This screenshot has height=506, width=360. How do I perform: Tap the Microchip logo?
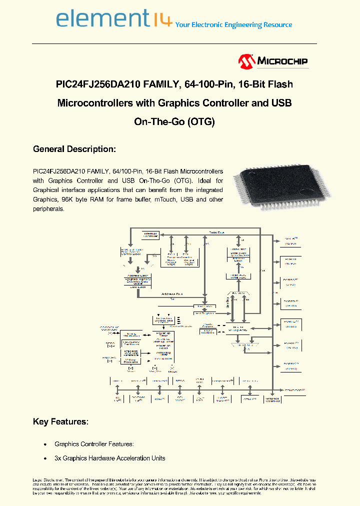pos(273,61)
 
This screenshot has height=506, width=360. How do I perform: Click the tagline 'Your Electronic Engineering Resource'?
pos(234,24)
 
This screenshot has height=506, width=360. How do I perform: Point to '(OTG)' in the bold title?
pos(201,121)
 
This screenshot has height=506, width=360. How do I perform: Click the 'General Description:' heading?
pos(74,149)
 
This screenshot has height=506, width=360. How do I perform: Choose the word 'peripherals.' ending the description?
pos(49,209)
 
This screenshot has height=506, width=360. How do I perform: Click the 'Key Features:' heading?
pos(60,421)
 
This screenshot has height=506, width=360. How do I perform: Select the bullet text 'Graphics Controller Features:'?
pos(94,444)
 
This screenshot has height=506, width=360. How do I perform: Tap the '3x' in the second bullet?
pos(57,458)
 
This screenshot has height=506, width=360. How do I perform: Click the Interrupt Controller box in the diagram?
pos(150,234)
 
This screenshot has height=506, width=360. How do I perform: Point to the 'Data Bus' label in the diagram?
pos(216,232)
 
